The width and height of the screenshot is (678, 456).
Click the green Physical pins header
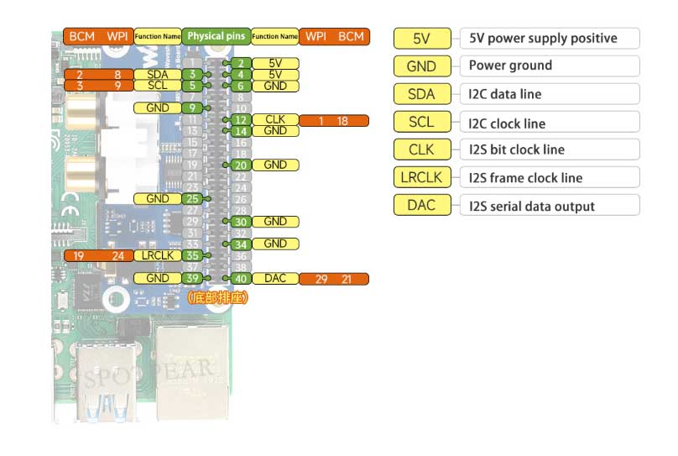pos(216,37)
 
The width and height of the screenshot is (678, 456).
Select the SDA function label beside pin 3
pos(157,75)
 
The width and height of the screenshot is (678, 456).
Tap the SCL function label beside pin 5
pos(157,86)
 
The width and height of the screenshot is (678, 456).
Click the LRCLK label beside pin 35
pos(157,255)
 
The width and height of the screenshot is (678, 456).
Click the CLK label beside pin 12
pos(274,120)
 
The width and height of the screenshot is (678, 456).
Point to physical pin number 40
pos(241,279)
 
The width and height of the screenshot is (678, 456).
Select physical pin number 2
pos(241,63)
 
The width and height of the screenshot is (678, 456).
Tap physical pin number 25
pos(193,199)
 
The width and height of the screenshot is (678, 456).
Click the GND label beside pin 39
pos(157,278)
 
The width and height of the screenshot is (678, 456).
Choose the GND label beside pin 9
pos(157,108)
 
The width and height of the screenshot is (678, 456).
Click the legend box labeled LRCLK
pos(422,177)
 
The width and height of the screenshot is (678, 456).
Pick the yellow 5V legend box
pos(422,38)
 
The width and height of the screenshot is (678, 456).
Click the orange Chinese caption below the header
pos(216,297)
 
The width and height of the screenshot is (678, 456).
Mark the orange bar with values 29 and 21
pos(334,279)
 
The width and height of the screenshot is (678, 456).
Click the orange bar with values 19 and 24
pos(98,255)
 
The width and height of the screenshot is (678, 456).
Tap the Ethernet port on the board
pos(194,370)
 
